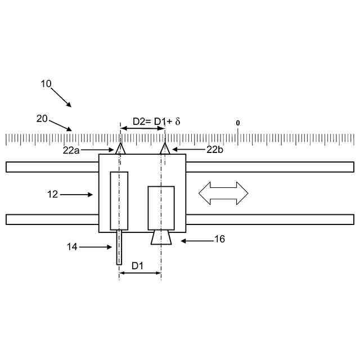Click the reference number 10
46,84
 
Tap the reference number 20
42,119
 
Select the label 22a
71,151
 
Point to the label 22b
215,150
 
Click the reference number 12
52,195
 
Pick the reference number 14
72,247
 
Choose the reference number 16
219,239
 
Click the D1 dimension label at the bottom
137,266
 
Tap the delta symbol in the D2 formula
178,121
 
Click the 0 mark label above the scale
237,123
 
